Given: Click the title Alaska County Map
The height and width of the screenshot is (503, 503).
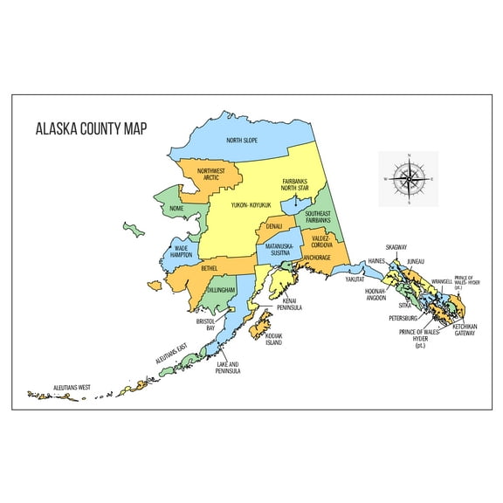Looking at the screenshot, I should pos(91,128).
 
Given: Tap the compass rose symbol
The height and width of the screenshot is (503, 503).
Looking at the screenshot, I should pos(408,178).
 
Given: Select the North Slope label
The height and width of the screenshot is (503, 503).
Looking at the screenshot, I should pos(247,141).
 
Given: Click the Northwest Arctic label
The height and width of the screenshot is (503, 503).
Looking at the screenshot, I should pos(210,174).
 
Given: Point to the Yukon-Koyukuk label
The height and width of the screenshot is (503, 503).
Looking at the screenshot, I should pos(251,205).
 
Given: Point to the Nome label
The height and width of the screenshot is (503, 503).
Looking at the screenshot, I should pos(176,209).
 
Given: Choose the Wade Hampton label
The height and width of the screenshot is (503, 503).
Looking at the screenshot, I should pos(181,251).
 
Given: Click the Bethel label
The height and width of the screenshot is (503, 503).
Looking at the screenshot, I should pos(210,269).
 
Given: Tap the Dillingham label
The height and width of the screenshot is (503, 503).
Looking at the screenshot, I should pos(222,289).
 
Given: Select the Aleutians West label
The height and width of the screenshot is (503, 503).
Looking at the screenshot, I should pos(72,387).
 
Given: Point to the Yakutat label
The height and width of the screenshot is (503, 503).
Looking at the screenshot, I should pos(355,279).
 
